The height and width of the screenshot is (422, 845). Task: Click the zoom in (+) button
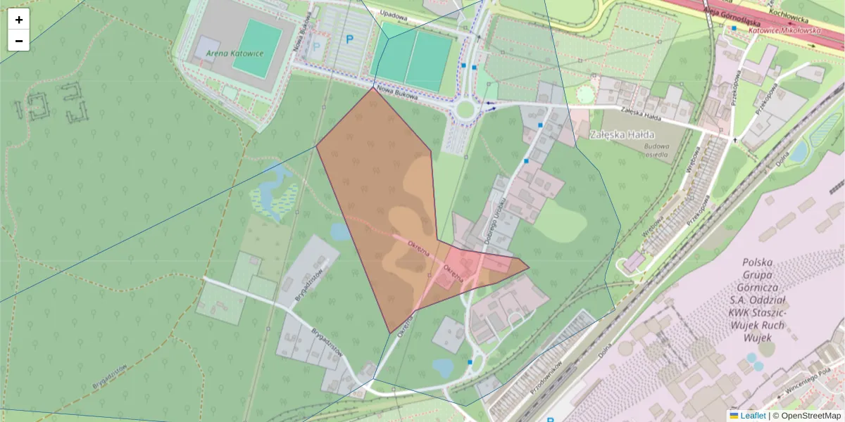[19, 20]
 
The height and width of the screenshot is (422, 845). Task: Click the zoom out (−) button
[19, 41]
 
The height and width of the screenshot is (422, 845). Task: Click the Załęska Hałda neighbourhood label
[622, 134]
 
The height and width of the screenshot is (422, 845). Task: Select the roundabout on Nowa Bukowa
[465, 109]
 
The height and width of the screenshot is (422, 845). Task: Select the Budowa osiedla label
[656, 151]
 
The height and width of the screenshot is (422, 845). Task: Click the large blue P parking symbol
[349, 40]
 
